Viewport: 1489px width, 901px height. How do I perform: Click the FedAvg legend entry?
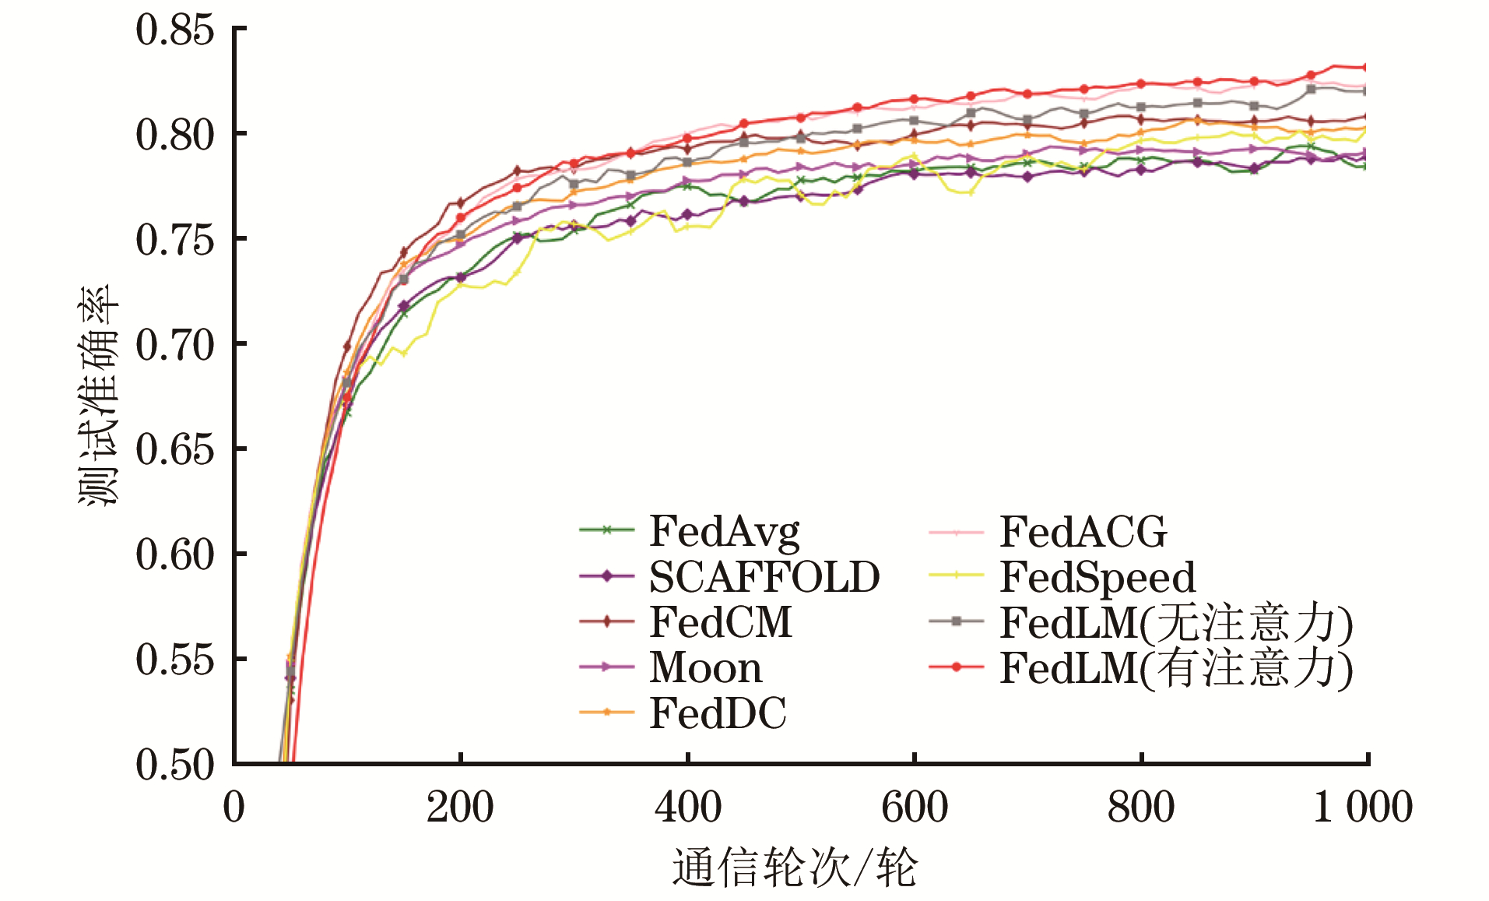724,532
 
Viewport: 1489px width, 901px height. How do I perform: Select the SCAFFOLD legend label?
764,577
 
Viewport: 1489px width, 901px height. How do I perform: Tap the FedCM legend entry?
721,622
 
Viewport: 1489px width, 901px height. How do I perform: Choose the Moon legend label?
705,667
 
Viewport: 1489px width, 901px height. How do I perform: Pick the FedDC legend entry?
718,713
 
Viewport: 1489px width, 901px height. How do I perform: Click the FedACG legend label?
1083,532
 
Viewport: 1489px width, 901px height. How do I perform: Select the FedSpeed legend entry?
1097,577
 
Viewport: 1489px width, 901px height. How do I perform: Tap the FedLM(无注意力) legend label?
1176,622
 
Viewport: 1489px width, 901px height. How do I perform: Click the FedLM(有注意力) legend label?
1176,667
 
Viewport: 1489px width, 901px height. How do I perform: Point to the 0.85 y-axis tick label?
175,30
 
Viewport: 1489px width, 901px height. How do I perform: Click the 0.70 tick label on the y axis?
175,345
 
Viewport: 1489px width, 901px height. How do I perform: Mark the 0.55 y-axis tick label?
175,660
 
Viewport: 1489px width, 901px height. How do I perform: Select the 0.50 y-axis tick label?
175,765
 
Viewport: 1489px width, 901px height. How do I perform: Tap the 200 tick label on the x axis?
460,807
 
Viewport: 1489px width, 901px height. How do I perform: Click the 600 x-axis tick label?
915,807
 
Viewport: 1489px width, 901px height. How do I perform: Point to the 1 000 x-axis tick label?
1363,807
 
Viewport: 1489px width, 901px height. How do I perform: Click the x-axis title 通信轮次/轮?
795,868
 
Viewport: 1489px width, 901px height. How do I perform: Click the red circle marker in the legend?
957,667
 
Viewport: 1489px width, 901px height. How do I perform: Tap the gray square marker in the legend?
957,621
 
